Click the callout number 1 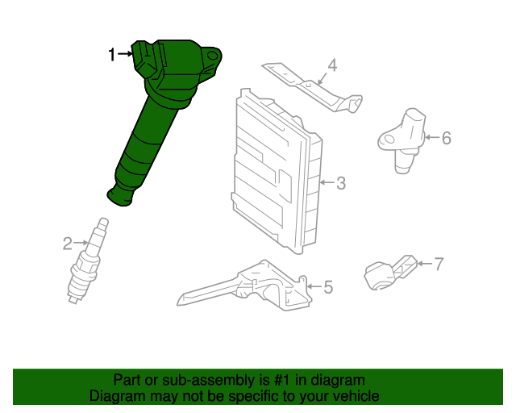click(x=112, y=54)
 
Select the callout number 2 click(x=68, y=244)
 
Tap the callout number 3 click(x=341, y=183)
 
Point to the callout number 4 click(x=333, y=65)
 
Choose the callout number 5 click(x=328, y=287)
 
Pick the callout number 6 click(x=446, y=138)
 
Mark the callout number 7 click(x=439, y=264)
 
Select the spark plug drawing click(x=88, y=261)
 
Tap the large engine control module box click(x=277, y=171)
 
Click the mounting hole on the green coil click(x=213, y=56)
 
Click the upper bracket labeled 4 click(x=313, y=87)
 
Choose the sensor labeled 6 click(x=402, y=140)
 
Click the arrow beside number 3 click(x=327, y=182)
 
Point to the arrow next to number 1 click(x=125, y=53)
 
